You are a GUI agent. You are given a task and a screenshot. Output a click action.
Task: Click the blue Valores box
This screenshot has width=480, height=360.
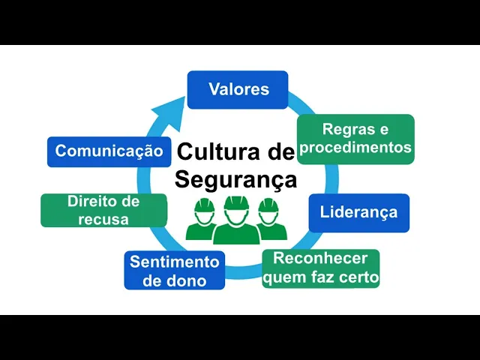(238, 89)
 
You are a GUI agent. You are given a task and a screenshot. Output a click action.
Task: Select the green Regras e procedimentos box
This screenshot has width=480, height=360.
(355, 139)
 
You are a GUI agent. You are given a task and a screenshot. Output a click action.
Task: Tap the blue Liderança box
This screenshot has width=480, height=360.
(358, 212)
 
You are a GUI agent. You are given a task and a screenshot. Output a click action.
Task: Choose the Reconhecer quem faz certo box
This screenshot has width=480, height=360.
(321, 268)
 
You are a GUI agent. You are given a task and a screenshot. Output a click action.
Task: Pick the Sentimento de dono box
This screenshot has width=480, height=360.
(174, 271)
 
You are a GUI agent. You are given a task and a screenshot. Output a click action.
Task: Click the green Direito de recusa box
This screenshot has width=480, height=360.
(103, 210)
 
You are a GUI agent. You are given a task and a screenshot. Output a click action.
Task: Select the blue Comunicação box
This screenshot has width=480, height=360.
(109, 151)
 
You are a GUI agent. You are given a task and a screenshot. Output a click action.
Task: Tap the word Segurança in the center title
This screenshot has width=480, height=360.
(235, 180)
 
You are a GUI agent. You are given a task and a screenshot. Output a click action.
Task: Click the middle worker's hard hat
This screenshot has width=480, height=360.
(236, 202)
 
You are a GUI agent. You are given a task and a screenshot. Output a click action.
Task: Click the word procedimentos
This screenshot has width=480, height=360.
(356, 148)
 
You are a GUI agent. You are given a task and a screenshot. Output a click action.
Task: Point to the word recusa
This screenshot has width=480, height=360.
(103, 219)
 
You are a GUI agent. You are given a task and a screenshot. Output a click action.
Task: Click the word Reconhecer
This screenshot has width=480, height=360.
(321, 259)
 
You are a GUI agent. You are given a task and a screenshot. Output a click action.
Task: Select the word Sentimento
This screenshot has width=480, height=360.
(174, 262)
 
